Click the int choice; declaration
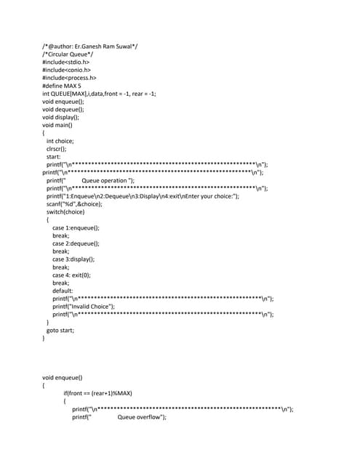[x=60, y=141]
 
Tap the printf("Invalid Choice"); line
[x=84, y=307]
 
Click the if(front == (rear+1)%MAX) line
[x=97, y=393]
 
